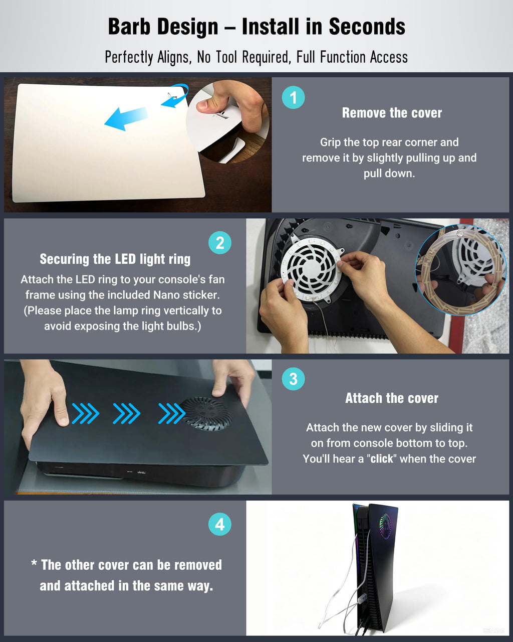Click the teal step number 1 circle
coord(293,97)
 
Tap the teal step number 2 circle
coord(220,243)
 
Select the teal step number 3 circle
coord(293,379)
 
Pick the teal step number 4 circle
coord(220,524)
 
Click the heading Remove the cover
coord(392,113)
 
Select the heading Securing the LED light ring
coord(115,259)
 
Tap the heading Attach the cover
coord(392,398)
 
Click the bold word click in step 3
coord(382,459)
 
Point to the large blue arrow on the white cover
coord(126,118)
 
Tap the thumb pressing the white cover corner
coord(209,105)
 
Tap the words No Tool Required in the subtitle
coord(244,57)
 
